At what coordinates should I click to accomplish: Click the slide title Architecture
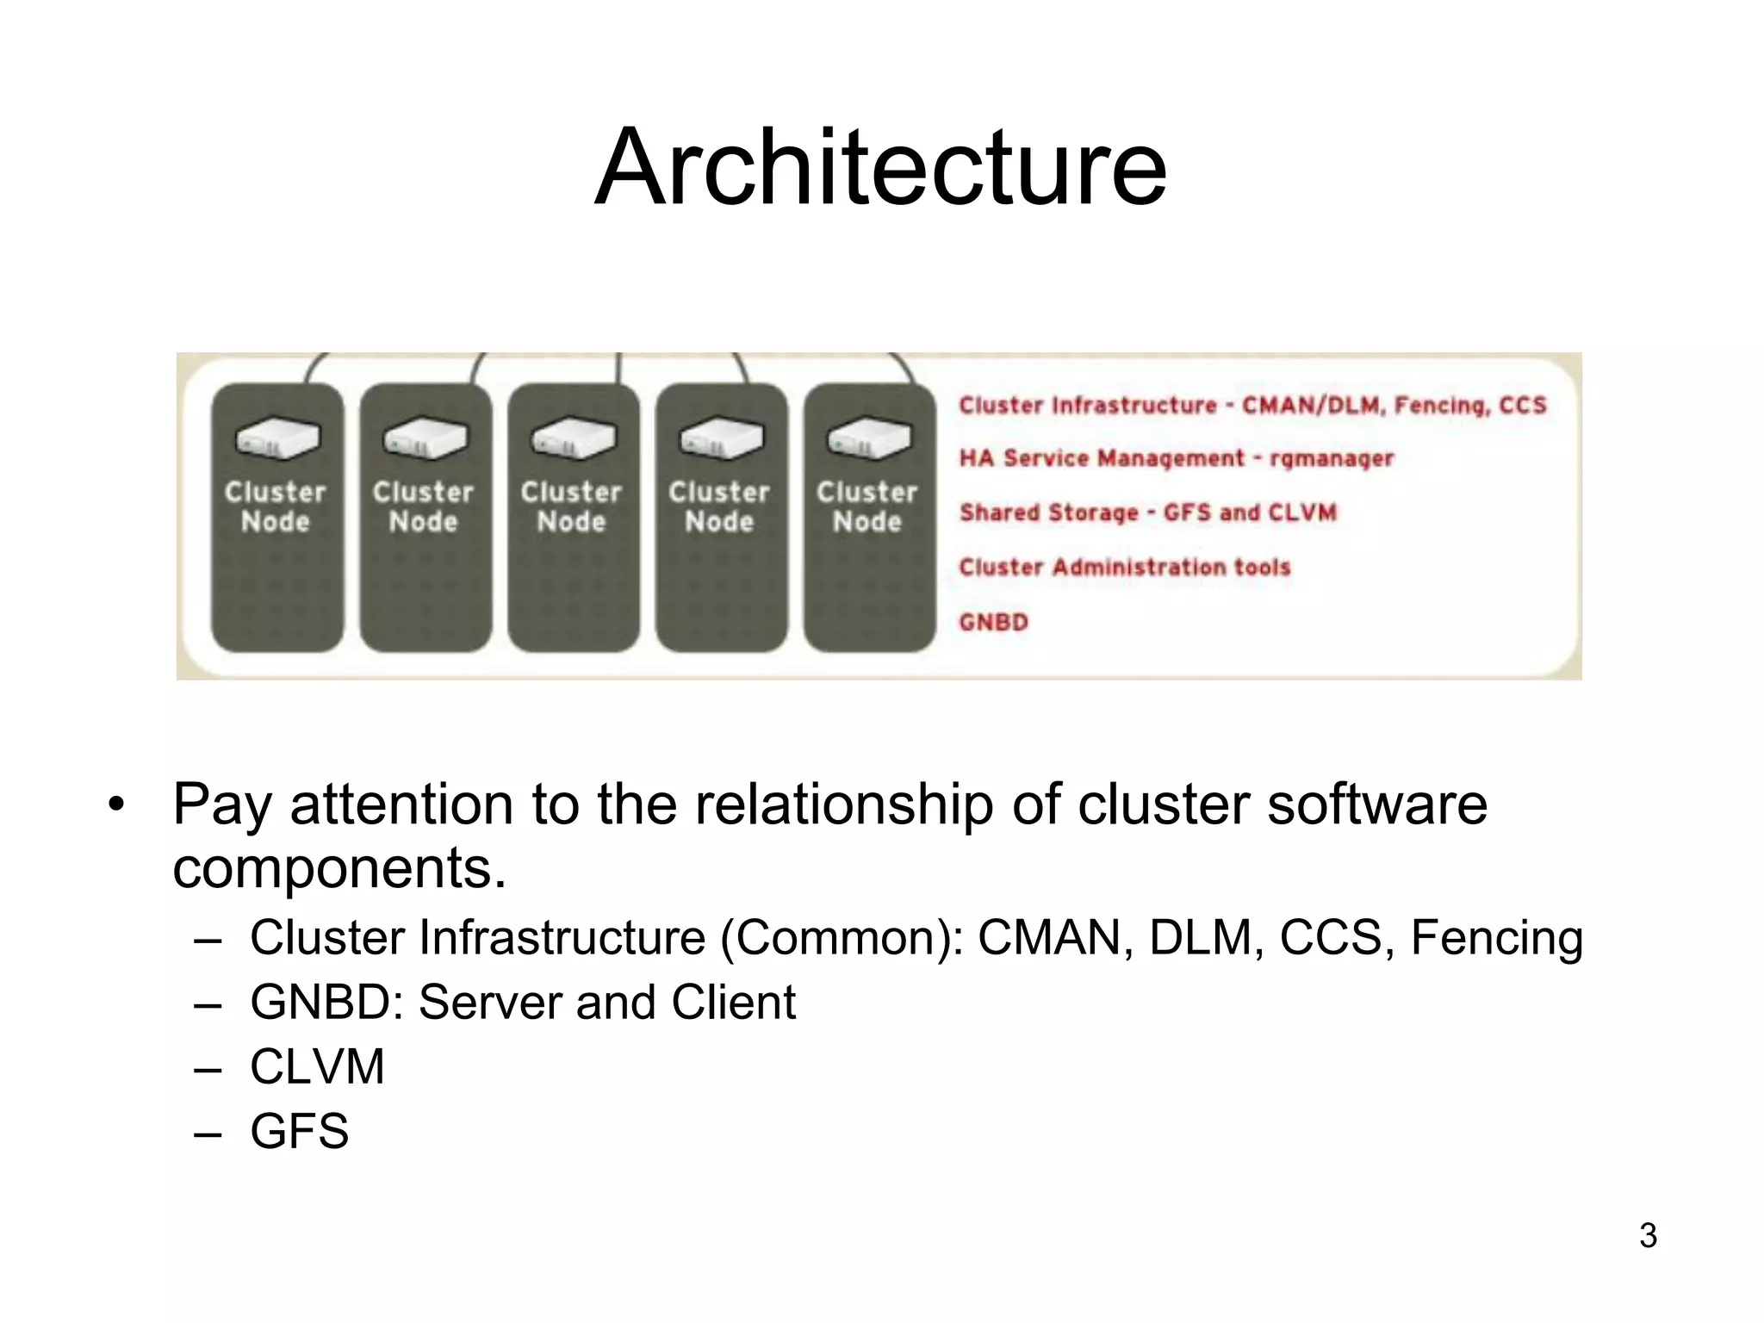click(x=880, y=167)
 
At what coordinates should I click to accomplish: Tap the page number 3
click(x=1648, y=1235)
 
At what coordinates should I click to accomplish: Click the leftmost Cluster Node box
click(x=276, y=517)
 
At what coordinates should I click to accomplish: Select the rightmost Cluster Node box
click(x=869, y=517)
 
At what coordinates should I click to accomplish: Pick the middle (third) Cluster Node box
click(x=573, y=517)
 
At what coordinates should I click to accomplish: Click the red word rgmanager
click(x=1331, y=459)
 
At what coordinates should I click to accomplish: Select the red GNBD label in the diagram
click(x=994, y=622)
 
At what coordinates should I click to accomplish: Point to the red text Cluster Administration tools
click(x=1125, y=567)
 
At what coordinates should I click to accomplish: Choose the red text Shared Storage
click(x=1049, y=512)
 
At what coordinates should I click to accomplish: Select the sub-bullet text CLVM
click(x=317, y=1066)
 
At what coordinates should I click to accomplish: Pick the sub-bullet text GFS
click(x=299, y=1131)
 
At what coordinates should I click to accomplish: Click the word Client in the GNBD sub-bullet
click(x=733, y=1002)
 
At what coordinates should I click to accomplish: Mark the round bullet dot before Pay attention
click(x=116, y=805)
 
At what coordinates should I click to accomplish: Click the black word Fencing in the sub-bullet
click(x=1496, y=937)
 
